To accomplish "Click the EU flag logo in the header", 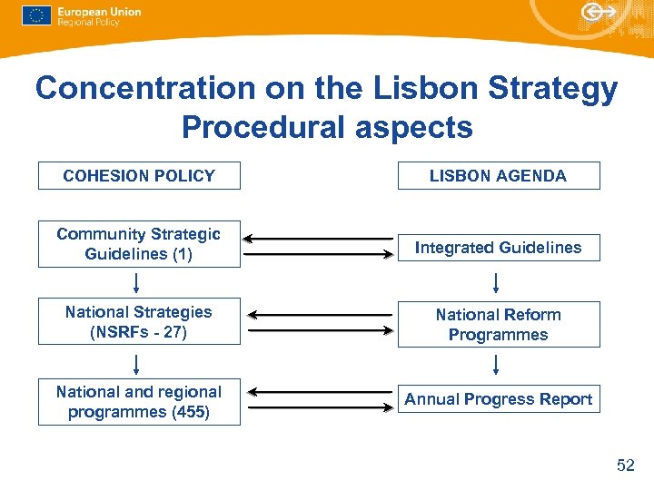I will click(x=36, y=15).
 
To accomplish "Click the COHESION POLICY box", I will click(x=139, y=176).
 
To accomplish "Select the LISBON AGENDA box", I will click(x=499, y=176).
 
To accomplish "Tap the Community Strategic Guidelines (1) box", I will click(x=139, y=244).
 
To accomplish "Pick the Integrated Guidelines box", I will click(x=499, y=247).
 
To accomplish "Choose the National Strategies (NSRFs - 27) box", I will click(x=139, y=322).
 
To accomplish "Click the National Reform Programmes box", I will click(x=499, y=325).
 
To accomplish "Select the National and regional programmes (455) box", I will click(x=139, y=402).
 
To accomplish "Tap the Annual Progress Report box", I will click(x=499, y=399).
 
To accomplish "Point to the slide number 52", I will click(x=625, y=465).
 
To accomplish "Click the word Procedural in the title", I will click(x=264, y=127).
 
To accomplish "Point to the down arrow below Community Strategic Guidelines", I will click(x=136, y=282).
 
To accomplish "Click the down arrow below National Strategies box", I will click(x=136, y=364).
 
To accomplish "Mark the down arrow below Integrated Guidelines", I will click(x=497, y=282).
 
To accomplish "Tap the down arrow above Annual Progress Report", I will click(x=497, y=364).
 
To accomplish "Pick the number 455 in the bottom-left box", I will click(x=193, y=412).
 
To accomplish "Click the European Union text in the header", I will click(x=99, y=12).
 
